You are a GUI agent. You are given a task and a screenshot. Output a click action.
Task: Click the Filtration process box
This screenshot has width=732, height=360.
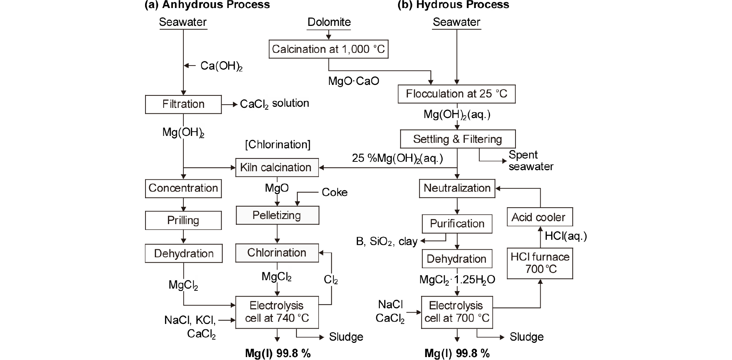[x=183, y=105]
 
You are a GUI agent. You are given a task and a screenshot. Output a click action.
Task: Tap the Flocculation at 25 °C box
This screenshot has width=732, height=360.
[x=456, y=94]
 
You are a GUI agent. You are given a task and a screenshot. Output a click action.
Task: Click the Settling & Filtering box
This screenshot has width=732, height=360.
[x=457, y=139]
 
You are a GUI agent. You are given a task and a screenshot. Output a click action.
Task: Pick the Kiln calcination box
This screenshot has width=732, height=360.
[x=277, y=168]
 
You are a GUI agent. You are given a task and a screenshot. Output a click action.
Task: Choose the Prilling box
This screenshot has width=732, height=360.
[x=183, y=220]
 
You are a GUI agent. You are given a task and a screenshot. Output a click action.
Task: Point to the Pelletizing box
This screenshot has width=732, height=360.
[x=277, y=215]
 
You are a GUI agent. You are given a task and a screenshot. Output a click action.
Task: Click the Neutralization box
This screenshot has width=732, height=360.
[x=457, y=188]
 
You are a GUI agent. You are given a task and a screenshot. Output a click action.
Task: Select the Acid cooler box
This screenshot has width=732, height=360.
[x=540, y=217]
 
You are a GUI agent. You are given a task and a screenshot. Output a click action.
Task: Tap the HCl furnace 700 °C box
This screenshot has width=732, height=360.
[x=540, y=263]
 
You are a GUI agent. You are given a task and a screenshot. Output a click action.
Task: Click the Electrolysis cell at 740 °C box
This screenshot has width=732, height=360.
[x=277, y=312]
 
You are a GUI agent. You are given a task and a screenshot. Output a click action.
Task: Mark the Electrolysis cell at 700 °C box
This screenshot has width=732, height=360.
[x=457, y=312]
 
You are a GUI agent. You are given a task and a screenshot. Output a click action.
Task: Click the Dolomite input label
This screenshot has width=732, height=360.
[x=329, y=22]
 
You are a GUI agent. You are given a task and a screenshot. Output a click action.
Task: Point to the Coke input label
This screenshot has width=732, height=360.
[x=334, y=192]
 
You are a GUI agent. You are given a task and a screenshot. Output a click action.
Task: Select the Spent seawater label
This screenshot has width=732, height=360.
[x=531, y=161]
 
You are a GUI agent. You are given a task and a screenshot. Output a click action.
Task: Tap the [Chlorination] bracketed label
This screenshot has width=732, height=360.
[x=277, y=145]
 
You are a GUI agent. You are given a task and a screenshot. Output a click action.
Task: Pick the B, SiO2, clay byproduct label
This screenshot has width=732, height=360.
[x=386, y=242]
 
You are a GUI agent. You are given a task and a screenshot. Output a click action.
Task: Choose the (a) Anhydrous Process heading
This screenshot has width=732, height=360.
[x=207, y=5]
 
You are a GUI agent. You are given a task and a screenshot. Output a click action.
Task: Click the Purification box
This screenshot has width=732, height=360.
[x=457, y=224]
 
